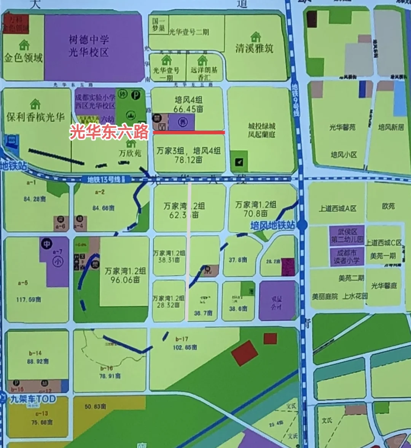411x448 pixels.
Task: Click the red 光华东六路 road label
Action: click(x=109, y=132)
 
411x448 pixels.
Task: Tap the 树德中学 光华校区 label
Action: click(x=89, y=46)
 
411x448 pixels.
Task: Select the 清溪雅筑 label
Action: click(x=254, y=48)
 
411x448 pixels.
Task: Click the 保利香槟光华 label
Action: click(x=35, y=117)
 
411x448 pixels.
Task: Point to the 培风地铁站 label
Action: click(x=272, y=225)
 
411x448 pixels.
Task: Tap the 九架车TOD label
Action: click(x=33, y=399)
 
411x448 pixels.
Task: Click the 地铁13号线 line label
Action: click(x=104, y=179)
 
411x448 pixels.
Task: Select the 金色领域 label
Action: click(x=23, y=58)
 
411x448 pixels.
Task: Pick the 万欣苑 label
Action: click(x=130, y=153)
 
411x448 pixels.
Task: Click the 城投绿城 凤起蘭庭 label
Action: click(x=261, y=130)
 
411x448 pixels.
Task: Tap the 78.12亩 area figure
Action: click(x=188, y=160)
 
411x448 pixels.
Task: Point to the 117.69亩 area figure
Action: click(x=29, y=300)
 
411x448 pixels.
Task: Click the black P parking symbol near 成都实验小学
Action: click(x=135, y=96)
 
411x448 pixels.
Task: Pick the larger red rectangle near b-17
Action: click(x=245, y=353)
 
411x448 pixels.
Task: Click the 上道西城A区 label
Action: click(x=338, y=209)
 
